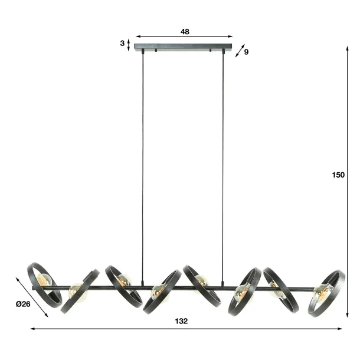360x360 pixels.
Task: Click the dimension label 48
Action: (185, 32)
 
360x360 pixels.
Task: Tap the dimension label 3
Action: (122, 43)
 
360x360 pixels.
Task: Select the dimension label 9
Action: (246, 52)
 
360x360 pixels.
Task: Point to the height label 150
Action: (338, 175)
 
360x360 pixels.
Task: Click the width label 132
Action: (181, 320)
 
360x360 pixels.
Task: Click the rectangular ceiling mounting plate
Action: (183, 46)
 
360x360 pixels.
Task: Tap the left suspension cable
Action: (142, 165)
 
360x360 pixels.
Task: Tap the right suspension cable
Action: (223, 165)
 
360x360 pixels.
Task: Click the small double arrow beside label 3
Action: (129, 45)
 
